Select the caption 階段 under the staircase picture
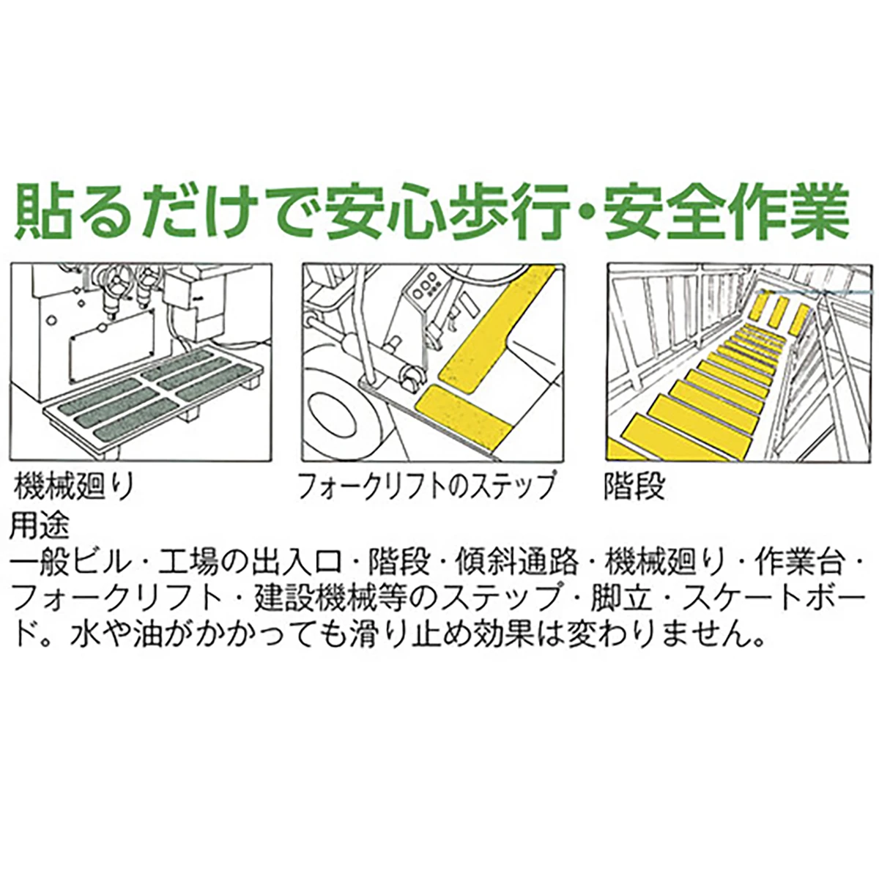[x=634, y=486]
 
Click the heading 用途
[x=40, y=527]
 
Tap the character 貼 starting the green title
[x=42, y=211]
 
